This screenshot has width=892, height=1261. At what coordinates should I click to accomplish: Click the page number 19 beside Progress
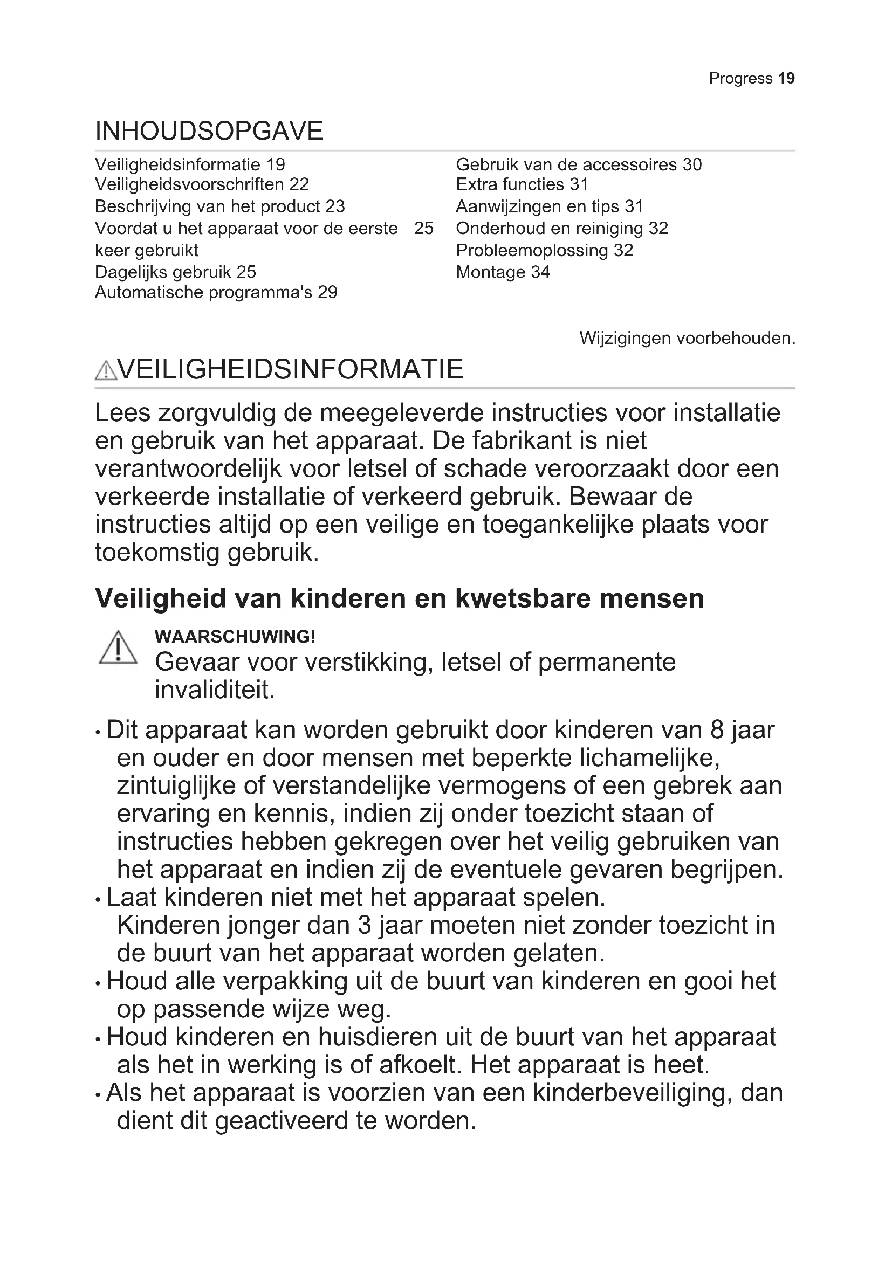tap(786, 79)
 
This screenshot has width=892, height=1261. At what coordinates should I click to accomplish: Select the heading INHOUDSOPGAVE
tap(209, 131)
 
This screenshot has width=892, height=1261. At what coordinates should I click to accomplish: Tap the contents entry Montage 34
tap(503, 272)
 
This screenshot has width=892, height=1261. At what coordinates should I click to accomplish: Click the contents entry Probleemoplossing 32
tap(544, 251)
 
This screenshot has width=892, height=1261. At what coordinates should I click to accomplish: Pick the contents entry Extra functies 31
tap(522, 184)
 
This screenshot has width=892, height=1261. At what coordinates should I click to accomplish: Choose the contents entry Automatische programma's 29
tap(216, 292)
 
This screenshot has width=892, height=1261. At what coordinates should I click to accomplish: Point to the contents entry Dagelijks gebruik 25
tap(175, 272)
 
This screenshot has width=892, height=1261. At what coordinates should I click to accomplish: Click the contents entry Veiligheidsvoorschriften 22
tap(202, 184)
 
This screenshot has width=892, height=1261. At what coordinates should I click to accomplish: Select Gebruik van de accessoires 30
tap(578, 164)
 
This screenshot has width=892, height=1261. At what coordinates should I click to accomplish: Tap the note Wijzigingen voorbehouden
tap(687, 339)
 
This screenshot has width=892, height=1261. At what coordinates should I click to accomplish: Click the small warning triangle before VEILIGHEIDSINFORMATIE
tap(106, 371)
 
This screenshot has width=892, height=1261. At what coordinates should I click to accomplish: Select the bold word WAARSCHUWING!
tap(235, 637)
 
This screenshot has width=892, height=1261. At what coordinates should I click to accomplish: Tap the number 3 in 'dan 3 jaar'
tap(365, 926)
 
